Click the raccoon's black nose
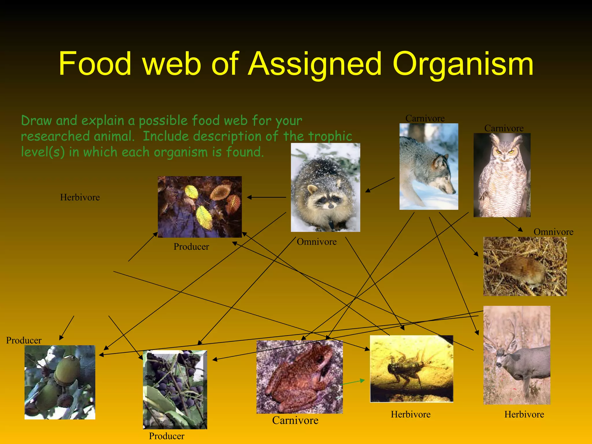pyautogui.click(x=330, y=206)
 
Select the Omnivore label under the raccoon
pyautogui.click(x=317, y=242)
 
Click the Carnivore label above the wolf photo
pyautogui.click(x=425, y=118)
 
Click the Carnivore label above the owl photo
pyautogui.click(x=504, y=128)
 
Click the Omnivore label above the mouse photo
pyautogui.click(x=553, y=232)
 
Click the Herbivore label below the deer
pyautogui.click(x=524, y=414)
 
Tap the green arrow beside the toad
pyautogui.click(x=354, y=382)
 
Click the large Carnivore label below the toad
pyautogui.click(x=295, y=420)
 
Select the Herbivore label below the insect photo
pyautogui.click(x=410, y=414)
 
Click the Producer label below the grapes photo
pyautogui.click(x=166, y=436)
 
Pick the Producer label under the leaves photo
pyautogui.click(x=191, y=247)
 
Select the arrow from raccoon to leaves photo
pyautogui.click(x=266, y=197)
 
